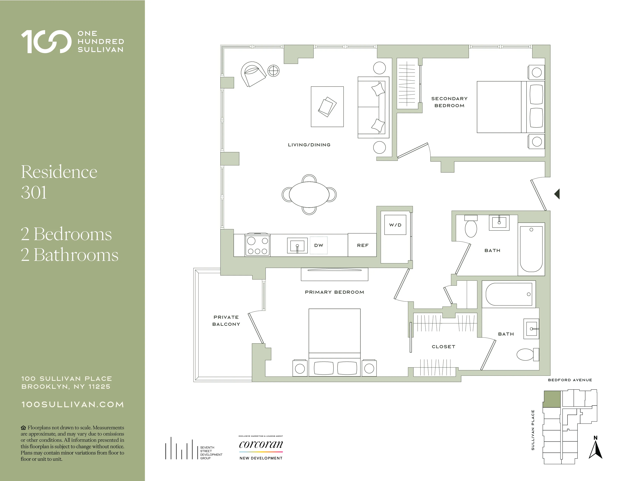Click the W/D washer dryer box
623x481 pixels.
coord(395,225)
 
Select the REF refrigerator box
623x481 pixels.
coord(362,245)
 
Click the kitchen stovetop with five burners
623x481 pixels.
coord(258,245)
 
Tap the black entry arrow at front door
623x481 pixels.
coord(557,194)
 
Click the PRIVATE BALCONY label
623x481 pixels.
coord(226,320)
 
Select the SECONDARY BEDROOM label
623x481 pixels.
coord(449,102)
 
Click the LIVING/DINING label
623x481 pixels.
coord(309,145)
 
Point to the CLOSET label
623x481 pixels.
coord(443,347)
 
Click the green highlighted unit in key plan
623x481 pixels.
coord(552,399)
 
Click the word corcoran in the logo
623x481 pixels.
coord(261,444)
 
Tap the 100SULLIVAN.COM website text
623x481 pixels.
coord(73,405)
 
